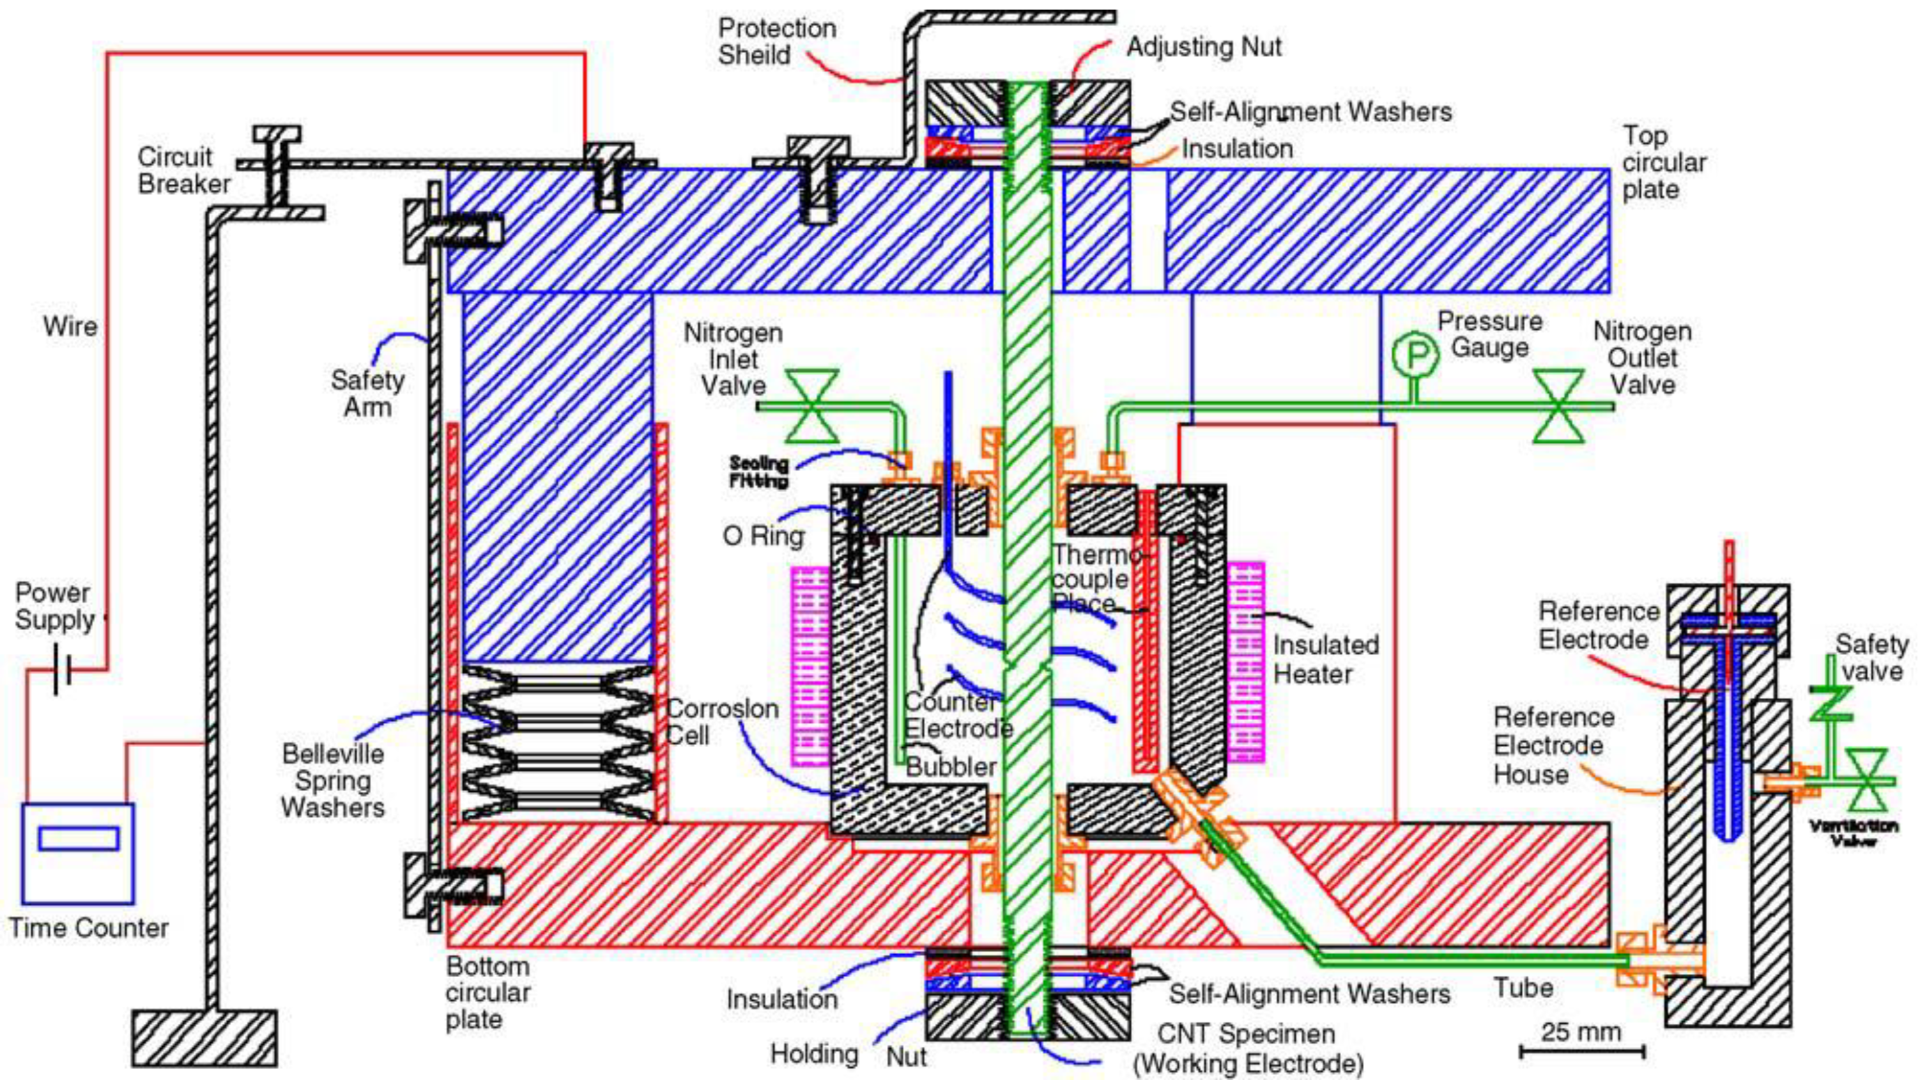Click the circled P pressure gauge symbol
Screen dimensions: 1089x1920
(1415, 355)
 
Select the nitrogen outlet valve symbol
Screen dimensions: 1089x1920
(1559, 406)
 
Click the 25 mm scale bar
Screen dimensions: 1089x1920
(1581, 1051)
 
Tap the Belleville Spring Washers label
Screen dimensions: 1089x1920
(333, 780)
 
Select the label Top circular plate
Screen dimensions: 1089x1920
(1664, 162)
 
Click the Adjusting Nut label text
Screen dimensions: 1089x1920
(1204, 47)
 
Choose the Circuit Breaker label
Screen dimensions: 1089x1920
(183, 171)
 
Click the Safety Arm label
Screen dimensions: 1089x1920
(367, 394)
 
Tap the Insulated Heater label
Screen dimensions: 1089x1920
(1326, 659)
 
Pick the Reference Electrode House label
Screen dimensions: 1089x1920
(1553, 746)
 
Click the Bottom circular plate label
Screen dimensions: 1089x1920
(488, 992)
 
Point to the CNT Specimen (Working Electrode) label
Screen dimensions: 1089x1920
(1247, 1049)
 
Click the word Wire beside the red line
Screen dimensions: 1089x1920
(70, 326)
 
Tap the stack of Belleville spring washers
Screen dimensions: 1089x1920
(558, 743)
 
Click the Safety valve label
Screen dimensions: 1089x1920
(1871, 657)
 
